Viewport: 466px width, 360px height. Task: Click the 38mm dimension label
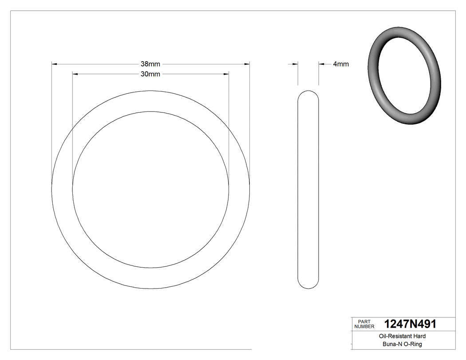[150, 64]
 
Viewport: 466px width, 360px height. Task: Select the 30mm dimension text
[150, 74]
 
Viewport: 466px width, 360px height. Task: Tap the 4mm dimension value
[340, 64]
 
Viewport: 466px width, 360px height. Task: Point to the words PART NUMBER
[364, 324]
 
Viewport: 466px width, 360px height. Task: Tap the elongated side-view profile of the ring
[308, 190]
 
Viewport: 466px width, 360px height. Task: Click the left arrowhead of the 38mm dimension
[54, 64]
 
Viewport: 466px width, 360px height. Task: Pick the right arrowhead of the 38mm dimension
[247, 64]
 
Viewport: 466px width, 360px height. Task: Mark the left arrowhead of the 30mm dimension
[75, 74]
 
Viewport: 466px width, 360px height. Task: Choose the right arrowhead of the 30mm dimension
[226, 74]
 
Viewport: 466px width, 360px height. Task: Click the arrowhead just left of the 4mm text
[321, 64]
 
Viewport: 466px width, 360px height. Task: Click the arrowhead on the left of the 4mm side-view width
[295, 64]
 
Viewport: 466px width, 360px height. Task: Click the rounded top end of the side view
[308, 93]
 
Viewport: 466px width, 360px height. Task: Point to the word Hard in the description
[419, 336]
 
